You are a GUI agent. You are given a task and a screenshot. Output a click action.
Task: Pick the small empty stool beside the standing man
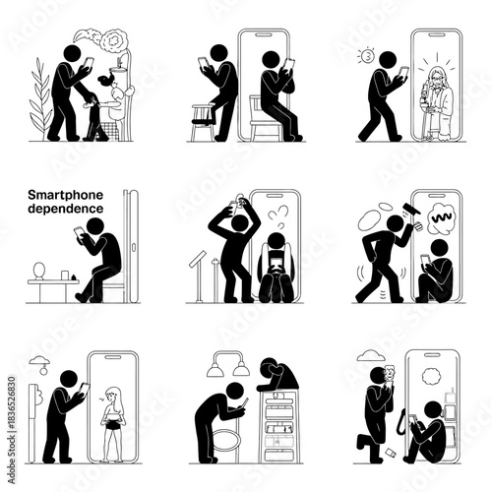(x=205, y=119)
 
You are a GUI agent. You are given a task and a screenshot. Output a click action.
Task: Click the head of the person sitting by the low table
(x=96, y=227)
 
